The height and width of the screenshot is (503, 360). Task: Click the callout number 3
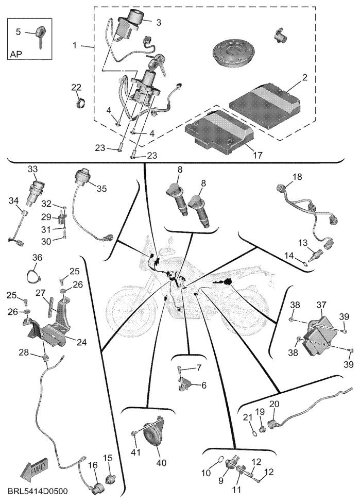(159, 23)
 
